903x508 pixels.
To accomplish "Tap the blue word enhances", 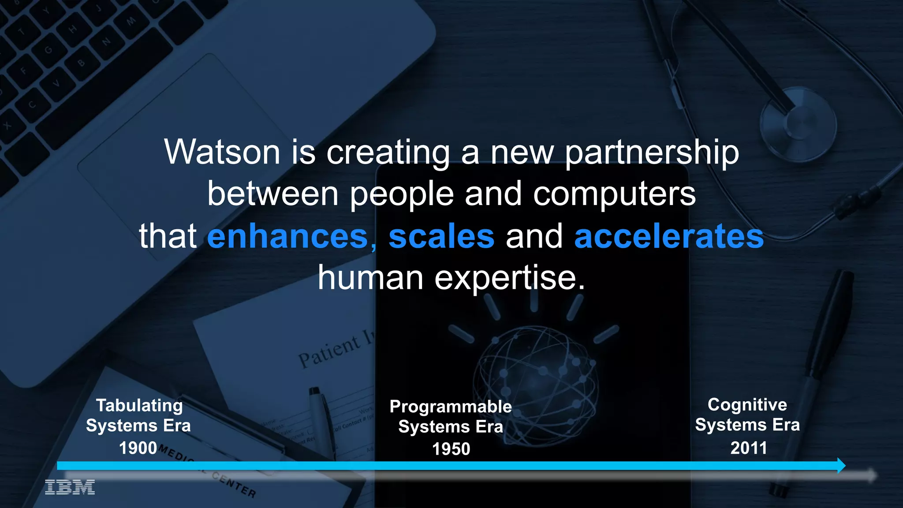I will click(287, 236).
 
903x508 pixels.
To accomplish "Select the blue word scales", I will click(441, 236).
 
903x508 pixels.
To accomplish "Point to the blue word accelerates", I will click(668, 236).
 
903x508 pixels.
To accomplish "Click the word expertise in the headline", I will click(510, 279).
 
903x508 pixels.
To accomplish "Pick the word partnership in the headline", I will click(652, 153).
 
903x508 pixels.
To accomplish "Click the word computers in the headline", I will click(614, 194).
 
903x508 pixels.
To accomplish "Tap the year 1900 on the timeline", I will click(138, 448).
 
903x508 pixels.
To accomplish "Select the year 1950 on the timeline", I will click(451, 449).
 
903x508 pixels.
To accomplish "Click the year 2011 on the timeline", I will click(749, 448).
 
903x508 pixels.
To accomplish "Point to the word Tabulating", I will click(139, 406).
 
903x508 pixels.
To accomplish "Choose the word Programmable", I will click(451, 407).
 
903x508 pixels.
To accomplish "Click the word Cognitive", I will click(747, 405).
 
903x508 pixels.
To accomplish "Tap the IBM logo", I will click(70, 487).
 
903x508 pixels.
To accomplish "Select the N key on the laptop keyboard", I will click(107, 42).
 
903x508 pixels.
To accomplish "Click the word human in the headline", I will click(370, 279).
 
